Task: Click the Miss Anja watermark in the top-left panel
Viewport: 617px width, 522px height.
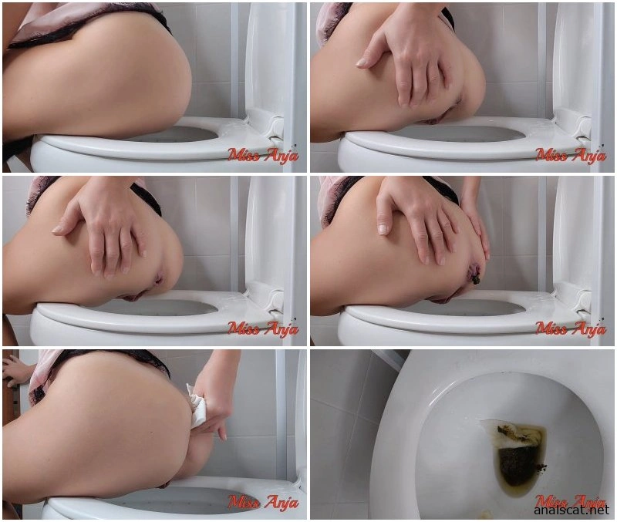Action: [x=263, y=156]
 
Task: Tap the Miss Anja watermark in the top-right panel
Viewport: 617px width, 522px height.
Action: [x=571, y=156]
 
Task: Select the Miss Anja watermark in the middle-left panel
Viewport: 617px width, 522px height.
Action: [x=263, y=329]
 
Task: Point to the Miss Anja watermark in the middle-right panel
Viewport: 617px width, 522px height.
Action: [x=571, y=329]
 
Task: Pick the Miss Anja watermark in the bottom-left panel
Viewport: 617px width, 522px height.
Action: [x=263, y=502]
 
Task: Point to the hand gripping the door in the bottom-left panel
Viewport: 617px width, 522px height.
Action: [x=15, y=371]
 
